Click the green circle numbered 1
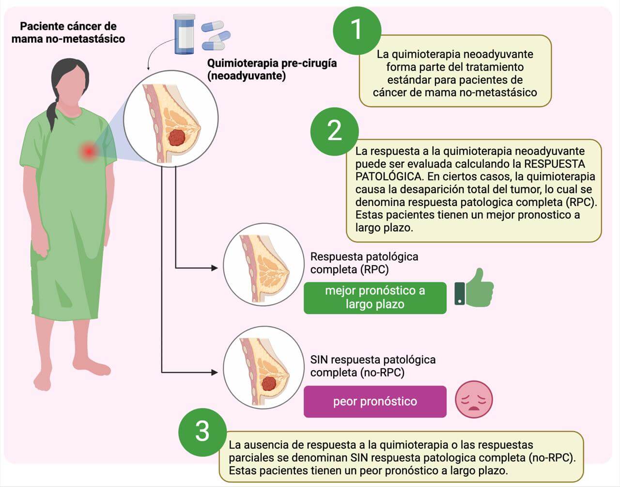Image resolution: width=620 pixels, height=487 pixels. (357, 31)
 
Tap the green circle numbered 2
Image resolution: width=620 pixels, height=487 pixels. (334, 131)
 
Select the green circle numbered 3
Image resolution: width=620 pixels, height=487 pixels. (202, 432)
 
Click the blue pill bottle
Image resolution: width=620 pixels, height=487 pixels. (185, 34)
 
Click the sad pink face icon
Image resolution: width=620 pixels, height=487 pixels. (474, 399)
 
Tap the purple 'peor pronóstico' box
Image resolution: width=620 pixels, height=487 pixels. (375, 401)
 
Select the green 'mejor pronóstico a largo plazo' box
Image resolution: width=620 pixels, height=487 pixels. (375, 298)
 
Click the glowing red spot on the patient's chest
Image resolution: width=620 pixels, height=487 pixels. (89, 152)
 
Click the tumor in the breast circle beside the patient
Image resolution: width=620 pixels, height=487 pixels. (177, 138)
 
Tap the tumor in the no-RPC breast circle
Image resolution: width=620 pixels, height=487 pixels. (269, 383)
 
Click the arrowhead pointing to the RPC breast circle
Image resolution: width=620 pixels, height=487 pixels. (215, 268)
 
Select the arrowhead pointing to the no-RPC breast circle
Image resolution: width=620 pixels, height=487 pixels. (215, 372)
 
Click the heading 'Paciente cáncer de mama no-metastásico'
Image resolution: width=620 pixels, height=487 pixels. (68, 32)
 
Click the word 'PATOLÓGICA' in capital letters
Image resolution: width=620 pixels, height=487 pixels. (388, 176)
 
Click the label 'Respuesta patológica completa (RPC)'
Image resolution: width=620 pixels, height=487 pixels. (364, 263)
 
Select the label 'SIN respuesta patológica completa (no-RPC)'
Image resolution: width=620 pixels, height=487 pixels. (373, 366)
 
